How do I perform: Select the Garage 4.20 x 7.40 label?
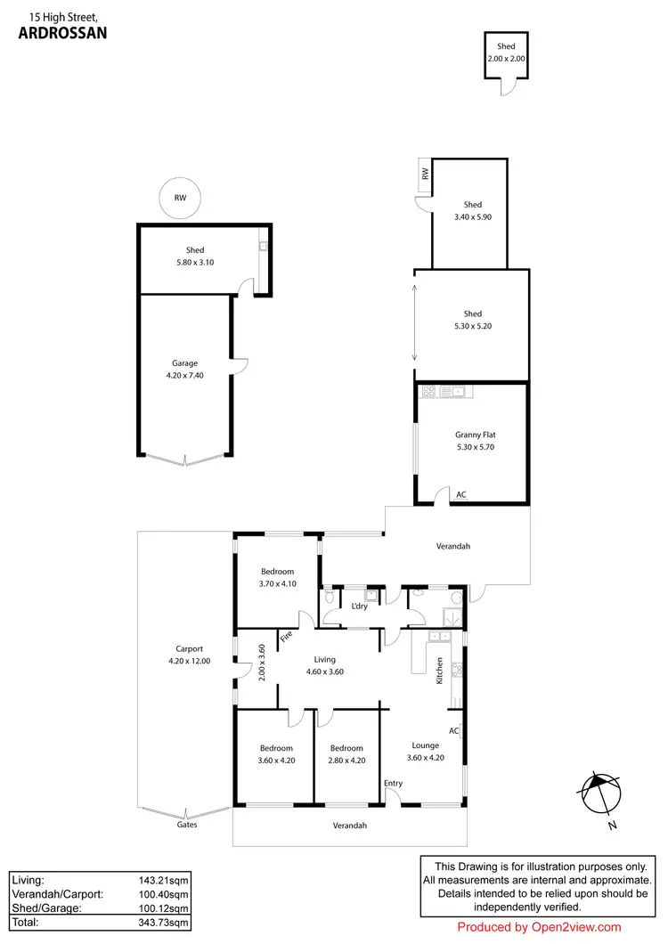184,370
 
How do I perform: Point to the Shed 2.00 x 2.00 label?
506,52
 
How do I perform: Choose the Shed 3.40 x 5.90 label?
472,210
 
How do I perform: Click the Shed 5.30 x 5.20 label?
472,320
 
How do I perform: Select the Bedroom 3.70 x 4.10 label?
276,578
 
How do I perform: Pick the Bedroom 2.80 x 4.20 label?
346,754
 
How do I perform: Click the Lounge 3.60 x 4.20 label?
425,752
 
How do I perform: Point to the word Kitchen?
439,671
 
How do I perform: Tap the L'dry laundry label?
359,606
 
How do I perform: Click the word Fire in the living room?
286,637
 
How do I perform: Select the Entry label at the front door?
393,784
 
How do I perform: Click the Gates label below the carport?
186,825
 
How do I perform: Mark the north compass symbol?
598,791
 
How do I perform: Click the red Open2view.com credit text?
539,927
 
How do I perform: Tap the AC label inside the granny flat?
460,494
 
